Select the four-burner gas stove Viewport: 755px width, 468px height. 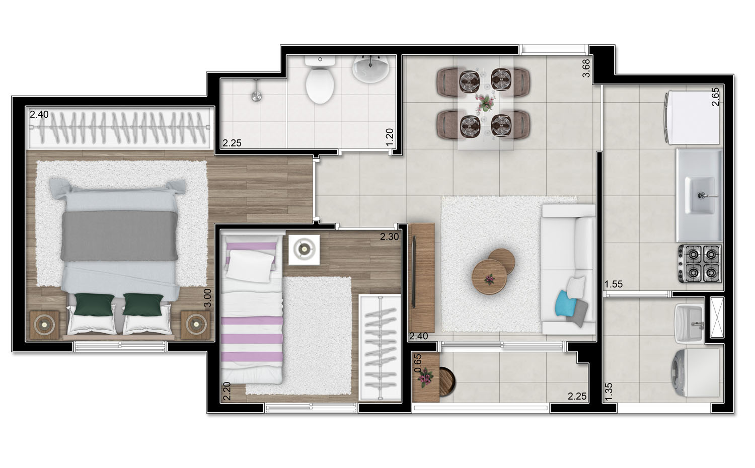(x=700, y=263)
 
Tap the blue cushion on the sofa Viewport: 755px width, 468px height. (x=564, y=303)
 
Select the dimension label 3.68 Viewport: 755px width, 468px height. (x=586, y=68)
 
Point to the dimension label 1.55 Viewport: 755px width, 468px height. (x=614, y=284)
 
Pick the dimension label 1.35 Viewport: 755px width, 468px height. (x=609, y=392)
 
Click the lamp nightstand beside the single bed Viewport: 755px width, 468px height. (x=304, y=248)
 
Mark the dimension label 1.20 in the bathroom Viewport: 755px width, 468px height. (x=390, y=137)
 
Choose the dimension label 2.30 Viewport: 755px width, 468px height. (x=390, y=237)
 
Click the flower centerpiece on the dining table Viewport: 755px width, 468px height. (x=485, y=103)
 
